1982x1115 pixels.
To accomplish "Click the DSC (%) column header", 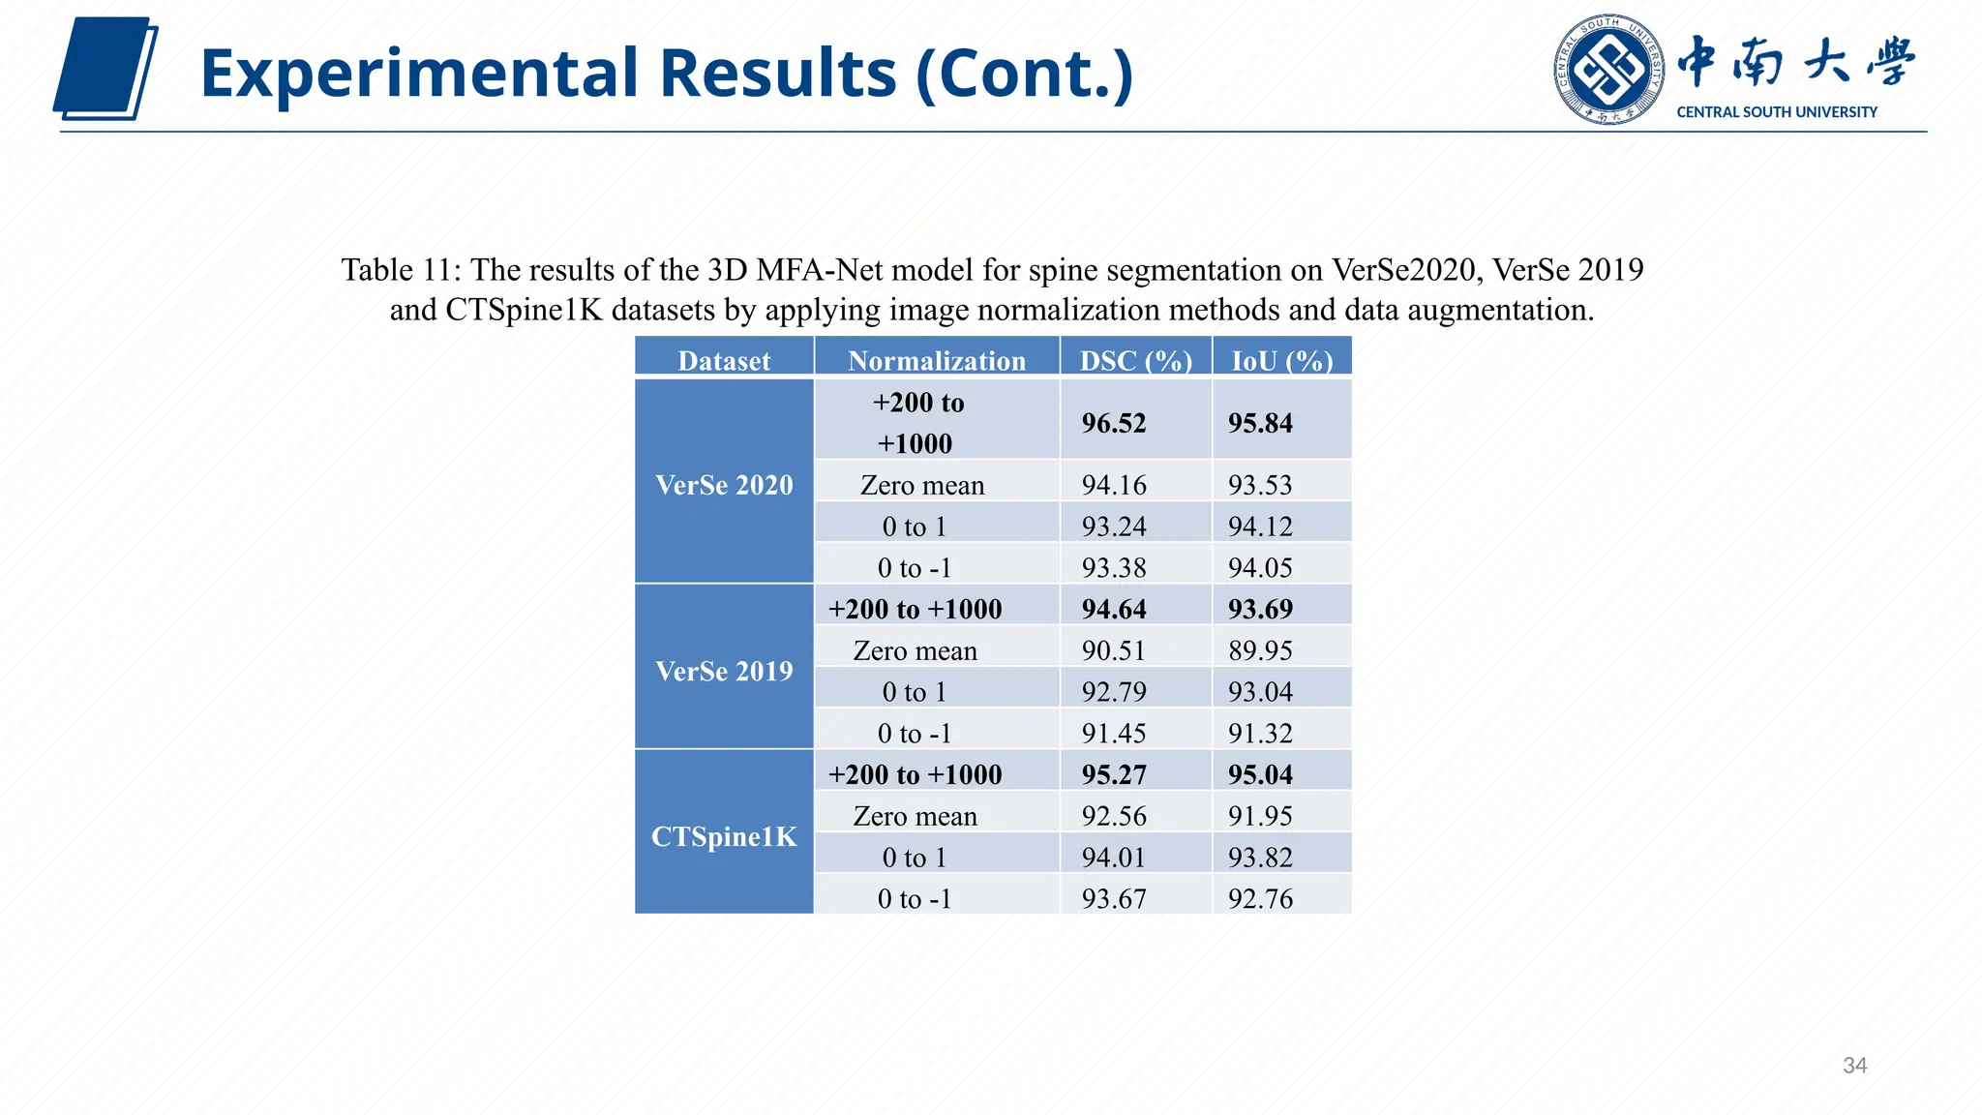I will [1135, 361].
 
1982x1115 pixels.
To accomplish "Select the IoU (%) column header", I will [1281, 361].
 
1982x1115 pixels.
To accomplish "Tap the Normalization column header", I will [936, 361].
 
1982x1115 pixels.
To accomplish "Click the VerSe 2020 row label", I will [724, 485].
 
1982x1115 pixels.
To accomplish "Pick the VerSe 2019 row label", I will [724, 671].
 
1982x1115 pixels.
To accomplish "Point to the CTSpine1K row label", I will [724, 836].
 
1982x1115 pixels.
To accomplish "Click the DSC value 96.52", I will [1113, 423].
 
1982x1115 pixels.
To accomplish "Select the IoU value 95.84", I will [1260, 423].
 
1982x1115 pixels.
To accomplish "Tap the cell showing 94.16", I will [1113, 485].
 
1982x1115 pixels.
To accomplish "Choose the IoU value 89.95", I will [1260, 650].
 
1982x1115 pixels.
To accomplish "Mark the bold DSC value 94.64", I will [1113, 609].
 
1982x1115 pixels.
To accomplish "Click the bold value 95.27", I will [1113, 774].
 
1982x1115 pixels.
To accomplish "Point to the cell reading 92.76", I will [1260, 899].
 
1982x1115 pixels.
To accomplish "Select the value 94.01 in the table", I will [1113, 858].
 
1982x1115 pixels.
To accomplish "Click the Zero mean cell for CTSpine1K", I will [915, 816].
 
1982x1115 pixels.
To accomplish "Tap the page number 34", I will [1854, 1066].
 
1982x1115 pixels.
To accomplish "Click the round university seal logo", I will [1608, 70].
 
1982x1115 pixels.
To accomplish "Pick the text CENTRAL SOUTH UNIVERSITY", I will [1776, 112].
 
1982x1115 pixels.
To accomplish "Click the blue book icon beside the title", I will [105, 69].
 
